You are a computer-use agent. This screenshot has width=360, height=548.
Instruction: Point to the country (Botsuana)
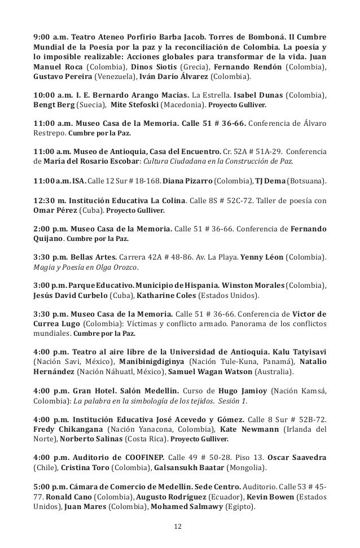(308, 181)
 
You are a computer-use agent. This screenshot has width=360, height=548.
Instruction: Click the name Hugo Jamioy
(247, 390)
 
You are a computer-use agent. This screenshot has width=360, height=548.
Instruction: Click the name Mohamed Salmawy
(183, 507)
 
